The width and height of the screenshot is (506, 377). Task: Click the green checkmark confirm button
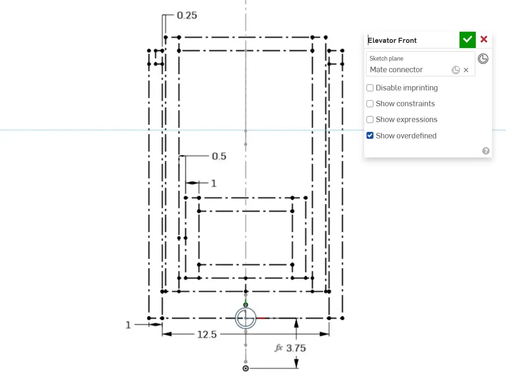pyautogui.click(x=467, y=40)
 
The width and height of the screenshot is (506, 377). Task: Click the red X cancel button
pyautogui.click(x=484, y=40)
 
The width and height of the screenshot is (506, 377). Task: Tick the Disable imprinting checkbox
pyautogui.click(x=370, y=88)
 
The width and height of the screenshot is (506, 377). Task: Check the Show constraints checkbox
pyautogui.click(x=370, y=104)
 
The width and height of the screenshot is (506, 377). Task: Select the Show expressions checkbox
pyautogui.click(x=370, y=120)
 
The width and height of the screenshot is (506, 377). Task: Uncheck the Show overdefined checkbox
pyautogui.click(x=370, y=136)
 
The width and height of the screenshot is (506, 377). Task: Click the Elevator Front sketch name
pyautogui.click(x=393, y=41)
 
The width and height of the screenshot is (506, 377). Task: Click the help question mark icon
pyautogui.click(x=486, y=151)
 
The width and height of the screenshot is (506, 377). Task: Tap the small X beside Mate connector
pyautogui.click(x=466, y=70)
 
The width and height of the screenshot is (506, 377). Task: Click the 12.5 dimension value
pyautogui.click(x=207, y=334)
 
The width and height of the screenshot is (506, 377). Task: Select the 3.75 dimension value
pyautogui.click(x=296, y=348)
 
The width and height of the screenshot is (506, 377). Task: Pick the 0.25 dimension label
pyautogui.click(x=187, y=15)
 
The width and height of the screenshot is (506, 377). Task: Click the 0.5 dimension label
pyautogui.click(x=219, y=157)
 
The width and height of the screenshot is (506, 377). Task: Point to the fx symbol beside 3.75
pyautogui.click(x=279, y=348)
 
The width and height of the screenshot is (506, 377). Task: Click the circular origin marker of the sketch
pyautogui.click(x=246, y=318)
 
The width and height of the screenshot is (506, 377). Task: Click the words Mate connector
pyautogui.click(x=396, y=70)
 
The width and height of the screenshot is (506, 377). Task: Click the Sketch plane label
pyautogui.click(x=386, y=59)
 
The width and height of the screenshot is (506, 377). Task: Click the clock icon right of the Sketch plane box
pyautogui.click(x=483, y=59)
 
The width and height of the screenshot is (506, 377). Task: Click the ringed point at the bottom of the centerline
pyautogui.click(x=246, y=368)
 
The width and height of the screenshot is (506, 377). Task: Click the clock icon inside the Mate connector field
pyautogui.click(x=456, y=70)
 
